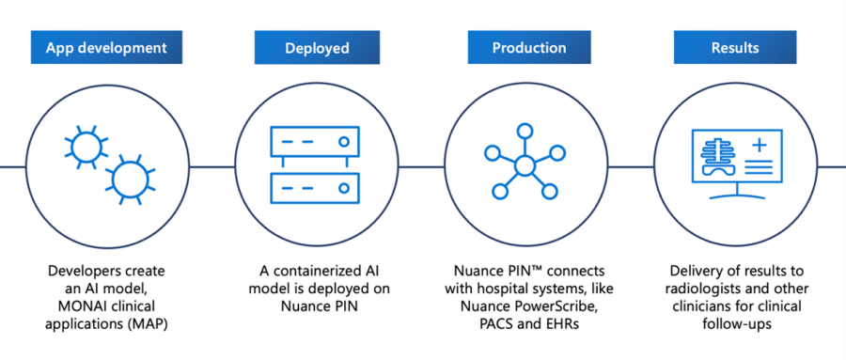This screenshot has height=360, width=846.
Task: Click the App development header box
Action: (x=107, y=47)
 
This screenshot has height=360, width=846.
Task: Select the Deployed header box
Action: (x=315, y=47)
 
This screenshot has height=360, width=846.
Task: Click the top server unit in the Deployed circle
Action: (x=315, y=142)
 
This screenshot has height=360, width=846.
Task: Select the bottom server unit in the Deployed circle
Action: (x=315, y=187)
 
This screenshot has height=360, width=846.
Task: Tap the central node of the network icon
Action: (x=524, y=165)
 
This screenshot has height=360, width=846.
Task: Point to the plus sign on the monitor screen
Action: (x=758, y=147)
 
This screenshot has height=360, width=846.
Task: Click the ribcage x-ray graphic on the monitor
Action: (x=718, y=157)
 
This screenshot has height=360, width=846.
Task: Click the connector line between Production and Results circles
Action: (x=627, y=166)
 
